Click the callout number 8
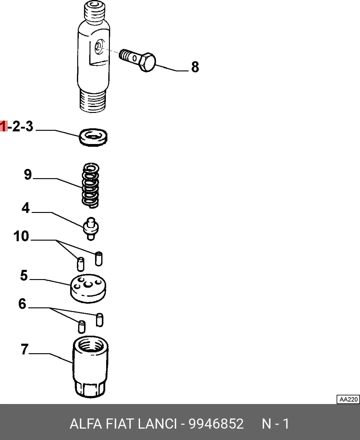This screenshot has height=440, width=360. (195, 67)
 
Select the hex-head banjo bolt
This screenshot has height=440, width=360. (138, 60)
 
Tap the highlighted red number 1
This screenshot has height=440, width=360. (4, 126)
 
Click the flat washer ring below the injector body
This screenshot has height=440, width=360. (93, 137)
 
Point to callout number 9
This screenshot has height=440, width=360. (28, 174)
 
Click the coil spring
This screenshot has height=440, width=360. (90, 185)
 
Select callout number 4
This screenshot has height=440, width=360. (26, 208)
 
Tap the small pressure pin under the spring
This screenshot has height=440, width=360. (91, 229)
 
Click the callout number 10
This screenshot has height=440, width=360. (21, 236)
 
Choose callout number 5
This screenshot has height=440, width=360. (24, 275)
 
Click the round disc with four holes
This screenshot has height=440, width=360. (88, 289)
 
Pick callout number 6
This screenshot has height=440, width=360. (22, 304)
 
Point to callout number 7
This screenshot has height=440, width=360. (25, 350)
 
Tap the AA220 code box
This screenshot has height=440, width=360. (348, 399)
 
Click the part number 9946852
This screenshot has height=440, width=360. (216, 424)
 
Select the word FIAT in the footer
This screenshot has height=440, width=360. (120, 424)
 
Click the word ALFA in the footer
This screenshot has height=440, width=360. (86, 424)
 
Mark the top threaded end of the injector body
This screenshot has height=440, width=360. (94, 10)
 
